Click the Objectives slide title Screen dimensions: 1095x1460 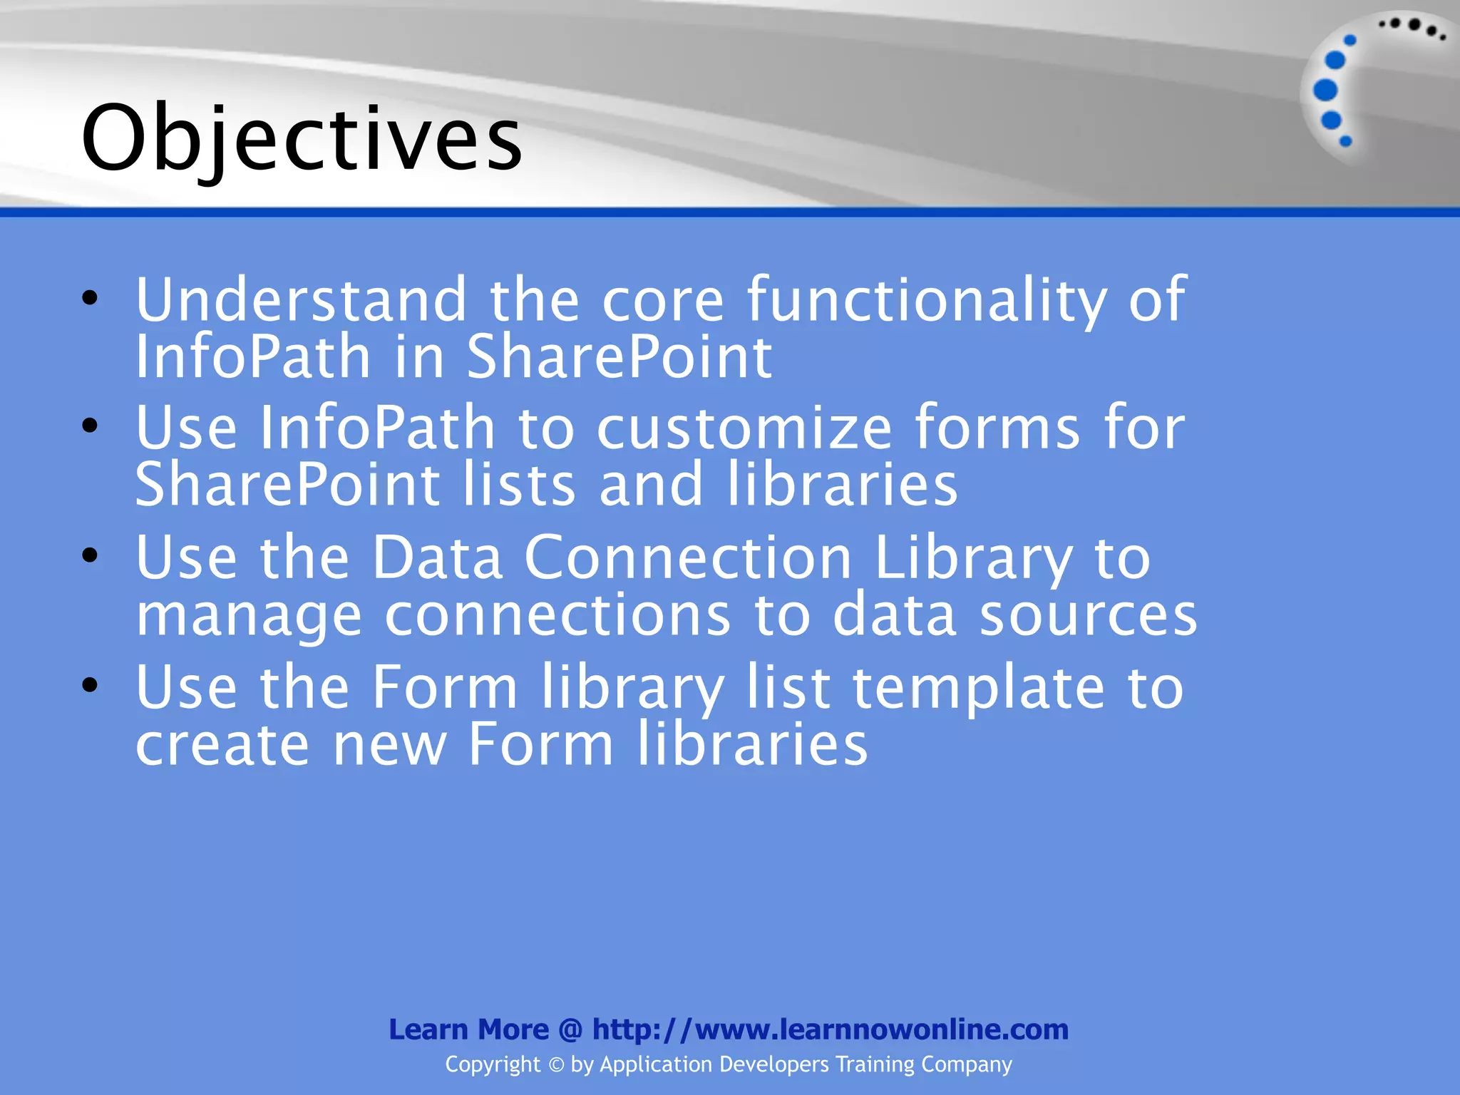[302, 139]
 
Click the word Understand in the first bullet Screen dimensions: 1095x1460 [301, 300]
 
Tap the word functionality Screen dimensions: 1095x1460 [927, 300]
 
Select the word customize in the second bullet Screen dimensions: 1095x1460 [744, 428]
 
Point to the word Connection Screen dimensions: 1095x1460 [688, 557]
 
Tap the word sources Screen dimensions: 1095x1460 [1088, 615]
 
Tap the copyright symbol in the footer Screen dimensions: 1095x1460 [556, 1065]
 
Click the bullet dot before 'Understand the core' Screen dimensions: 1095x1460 [89, 298]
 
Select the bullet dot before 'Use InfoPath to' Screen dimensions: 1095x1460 [89, 426]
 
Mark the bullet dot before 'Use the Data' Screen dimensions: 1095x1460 [89, 555]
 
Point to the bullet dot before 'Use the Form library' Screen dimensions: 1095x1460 [89, 685]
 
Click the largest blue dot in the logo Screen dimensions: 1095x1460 [1325, 90]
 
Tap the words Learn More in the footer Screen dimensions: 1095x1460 [468, 1029]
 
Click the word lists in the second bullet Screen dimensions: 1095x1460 [519, 485]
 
